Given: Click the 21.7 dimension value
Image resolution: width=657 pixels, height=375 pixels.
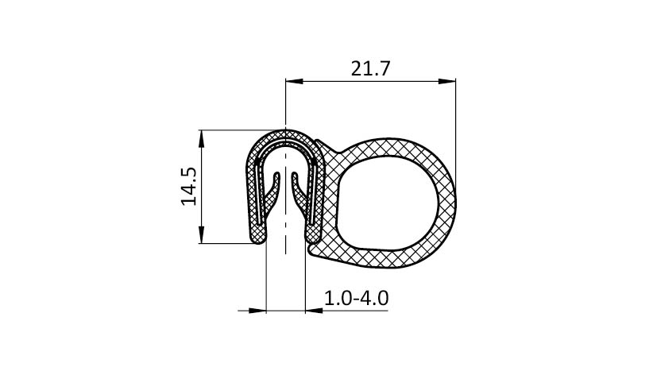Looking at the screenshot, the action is coord(370,68).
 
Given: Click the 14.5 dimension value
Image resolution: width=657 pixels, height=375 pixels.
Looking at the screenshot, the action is coord(189,187).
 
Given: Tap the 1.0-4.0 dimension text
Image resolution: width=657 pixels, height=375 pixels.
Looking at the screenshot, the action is coord(356,298).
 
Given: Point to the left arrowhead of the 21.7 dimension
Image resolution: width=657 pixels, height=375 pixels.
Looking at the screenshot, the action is coord(294,81).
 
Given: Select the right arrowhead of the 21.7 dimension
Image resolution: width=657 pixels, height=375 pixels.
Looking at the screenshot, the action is coord(447,81).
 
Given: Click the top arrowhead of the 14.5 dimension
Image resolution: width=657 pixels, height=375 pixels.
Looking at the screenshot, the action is coord(202,139).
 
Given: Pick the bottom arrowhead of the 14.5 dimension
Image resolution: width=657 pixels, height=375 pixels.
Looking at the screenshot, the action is coord(202,234).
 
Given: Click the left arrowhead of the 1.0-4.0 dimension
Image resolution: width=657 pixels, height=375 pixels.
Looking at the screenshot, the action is coord(257,311).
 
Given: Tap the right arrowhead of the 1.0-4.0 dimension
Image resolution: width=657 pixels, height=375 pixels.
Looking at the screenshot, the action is coord(314,311).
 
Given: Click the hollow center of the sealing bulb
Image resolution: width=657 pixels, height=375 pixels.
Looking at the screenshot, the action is coord(387,203).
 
